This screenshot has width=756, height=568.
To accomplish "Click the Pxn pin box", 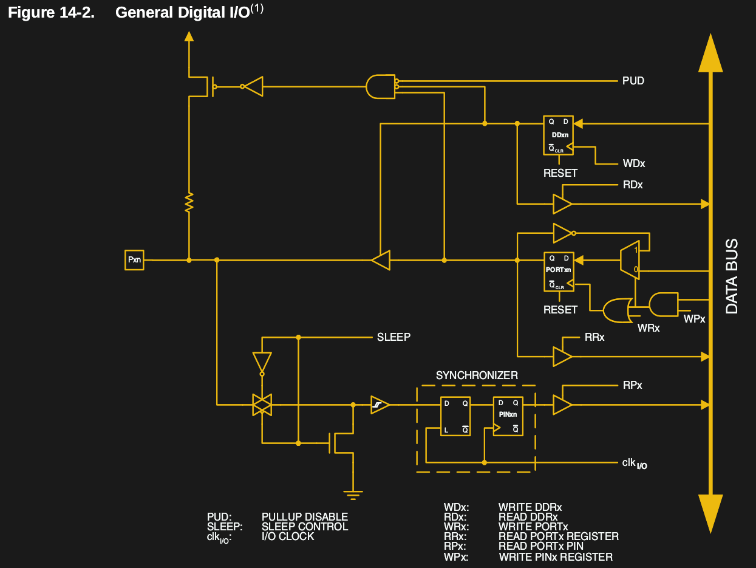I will pyautogui.click(x=134, y=260).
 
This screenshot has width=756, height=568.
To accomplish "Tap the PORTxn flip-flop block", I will pyautogui.click(x=559, y=271).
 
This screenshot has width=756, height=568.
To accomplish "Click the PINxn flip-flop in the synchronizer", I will pyautogui.click(x=508, y=416).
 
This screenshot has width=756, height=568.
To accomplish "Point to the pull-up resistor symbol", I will pyautogui.click(x=189, y=202).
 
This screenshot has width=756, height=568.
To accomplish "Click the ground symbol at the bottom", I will pyautogui.click(x=353, y=494).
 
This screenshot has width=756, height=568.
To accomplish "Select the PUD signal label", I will pyautogui.click(x=633, y=81).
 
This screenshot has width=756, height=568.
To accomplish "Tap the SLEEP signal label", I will pyautogui.click(x=393, y=337).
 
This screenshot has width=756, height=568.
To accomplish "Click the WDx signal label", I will pyautogui.click(x=633, y=164).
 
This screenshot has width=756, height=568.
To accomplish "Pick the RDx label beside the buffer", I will pyautogui.click(x=632, y=185).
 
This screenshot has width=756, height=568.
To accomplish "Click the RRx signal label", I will pyautogui.click(x=594, y=337).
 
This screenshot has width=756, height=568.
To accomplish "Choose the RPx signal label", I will pyautogui.click(x=632, y=386).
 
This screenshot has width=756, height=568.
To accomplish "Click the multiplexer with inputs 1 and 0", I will pyautogui.click(x=629, y=259).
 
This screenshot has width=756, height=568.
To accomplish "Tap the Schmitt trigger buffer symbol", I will pyautogui.click(x=380, y=405).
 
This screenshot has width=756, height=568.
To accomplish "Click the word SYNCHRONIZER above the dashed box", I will pyautogui.click(x=477, y=375).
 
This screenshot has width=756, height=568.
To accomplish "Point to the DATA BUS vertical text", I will pyautogui.click(x=732, y=276).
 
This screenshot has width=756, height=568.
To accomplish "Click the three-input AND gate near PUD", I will pyautogui.click(x=381, y=86).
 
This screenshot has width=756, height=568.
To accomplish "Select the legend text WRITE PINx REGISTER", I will pyautogui.click(x=555, y=557).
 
